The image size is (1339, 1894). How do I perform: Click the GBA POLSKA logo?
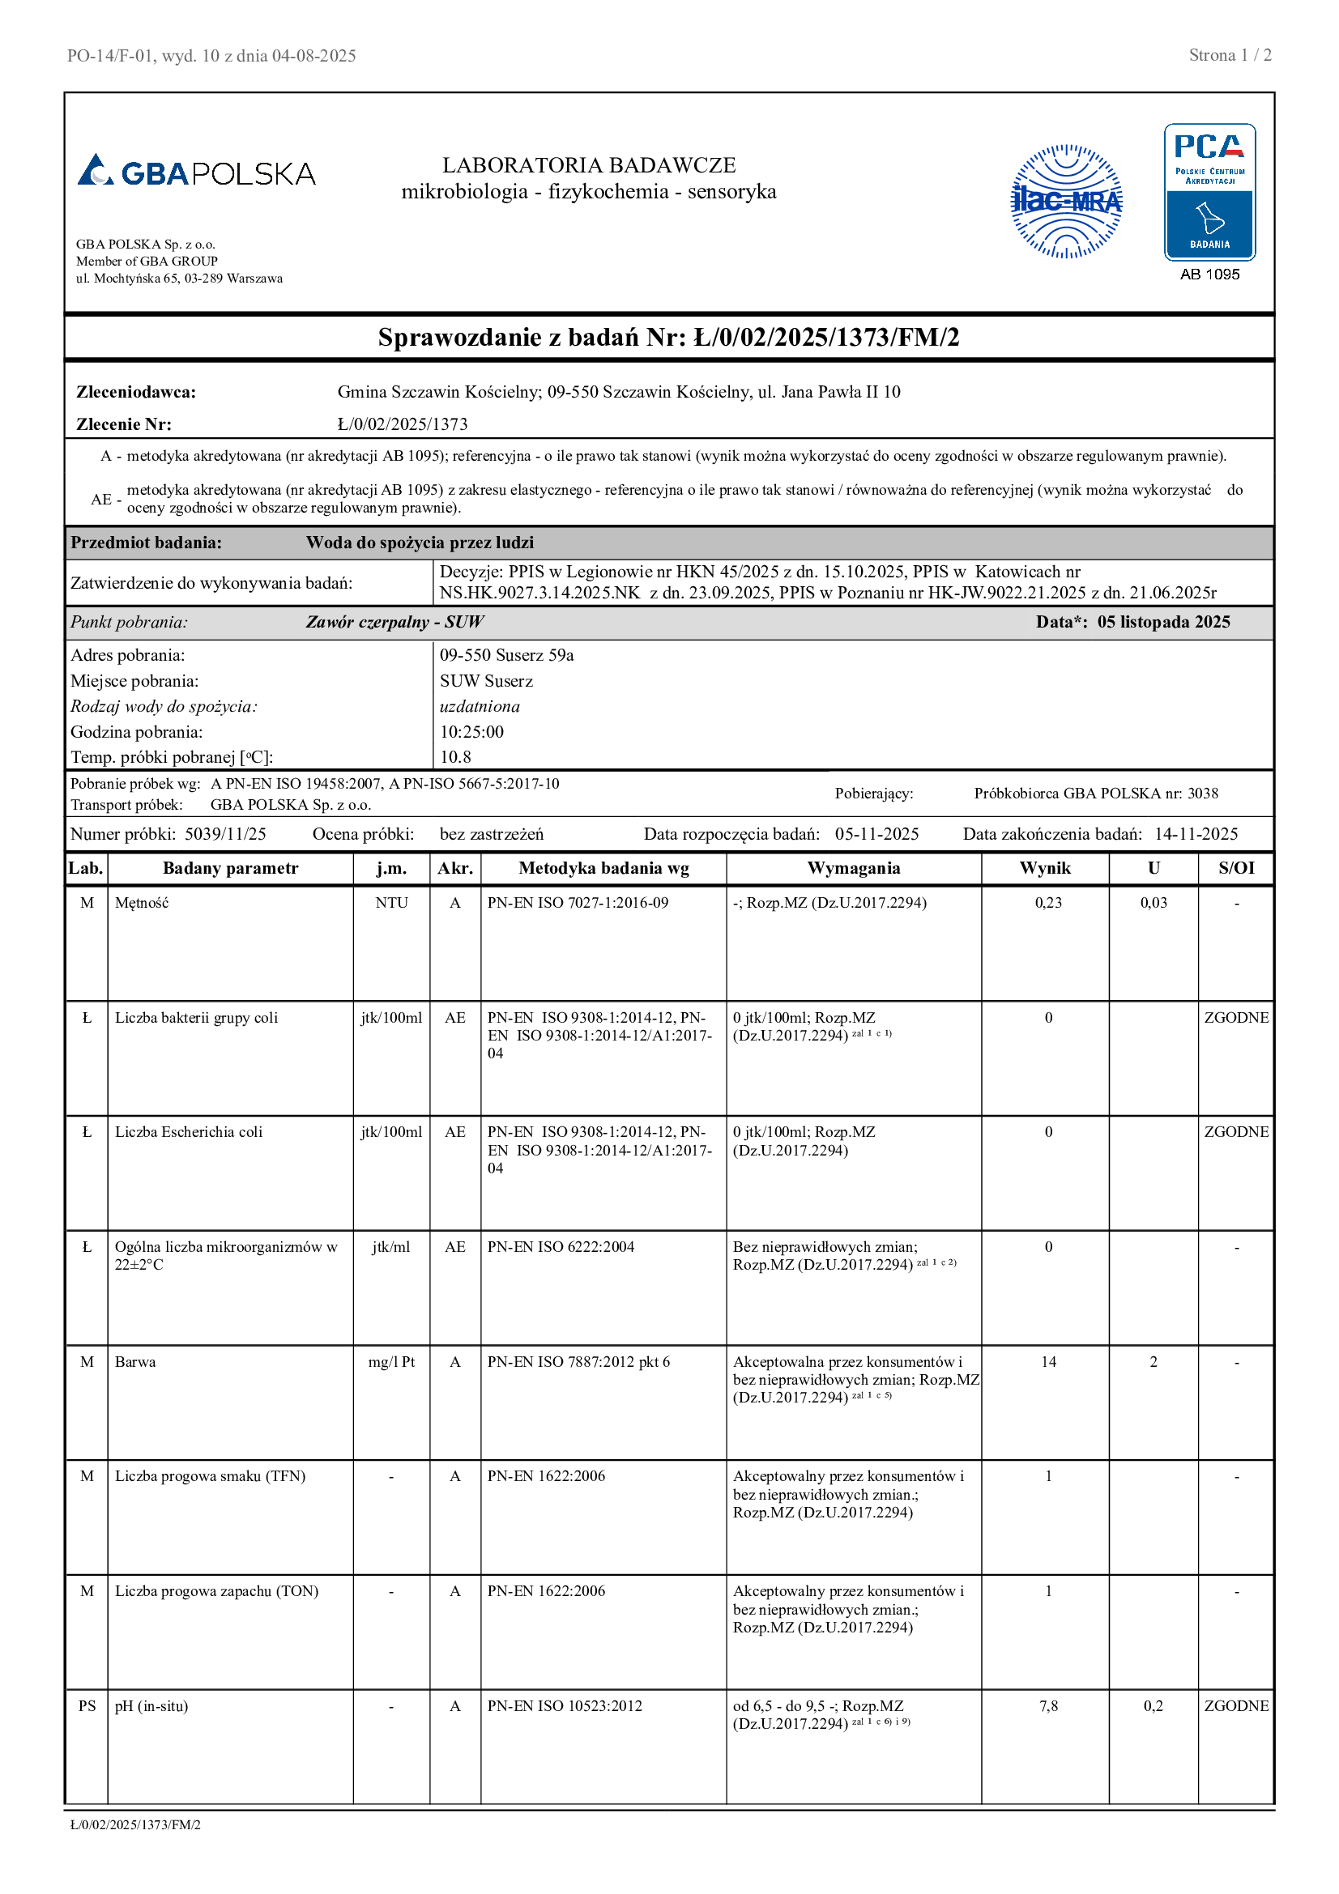point(196,172)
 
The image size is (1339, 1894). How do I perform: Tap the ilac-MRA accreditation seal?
point(1066,202)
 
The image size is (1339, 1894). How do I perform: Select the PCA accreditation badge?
point(1209,192)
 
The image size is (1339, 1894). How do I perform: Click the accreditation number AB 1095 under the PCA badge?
point(1209,275)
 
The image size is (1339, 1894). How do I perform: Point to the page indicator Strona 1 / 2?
point(1230,55)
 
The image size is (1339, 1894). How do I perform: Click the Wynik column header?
point(1044,868)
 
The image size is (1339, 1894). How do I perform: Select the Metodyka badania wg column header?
point(603,868)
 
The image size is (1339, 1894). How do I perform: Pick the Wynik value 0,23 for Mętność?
point(1047,902)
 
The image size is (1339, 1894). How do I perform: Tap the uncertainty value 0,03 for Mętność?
point(1153,902)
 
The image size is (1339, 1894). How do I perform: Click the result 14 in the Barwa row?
point(1047,1362)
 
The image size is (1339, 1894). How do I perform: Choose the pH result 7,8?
point(1047,1706)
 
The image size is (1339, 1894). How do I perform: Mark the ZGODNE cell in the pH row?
point(1236,1706)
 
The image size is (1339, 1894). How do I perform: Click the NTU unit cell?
point(391,902)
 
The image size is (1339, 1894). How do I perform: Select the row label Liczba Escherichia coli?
point(188,1132)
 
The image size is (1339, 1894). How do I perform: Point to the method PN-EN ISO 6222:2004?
point(561,1246)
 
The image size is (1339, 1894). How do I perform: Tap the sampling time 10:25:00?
point(471,732)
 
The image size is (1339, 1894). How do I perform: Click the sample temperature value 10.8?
point(455,757)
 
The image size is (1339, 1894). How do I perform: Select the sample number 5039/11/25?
point(225,834)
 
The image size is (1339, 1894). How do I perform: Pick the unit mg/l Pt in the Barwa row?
point(391,1362)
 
